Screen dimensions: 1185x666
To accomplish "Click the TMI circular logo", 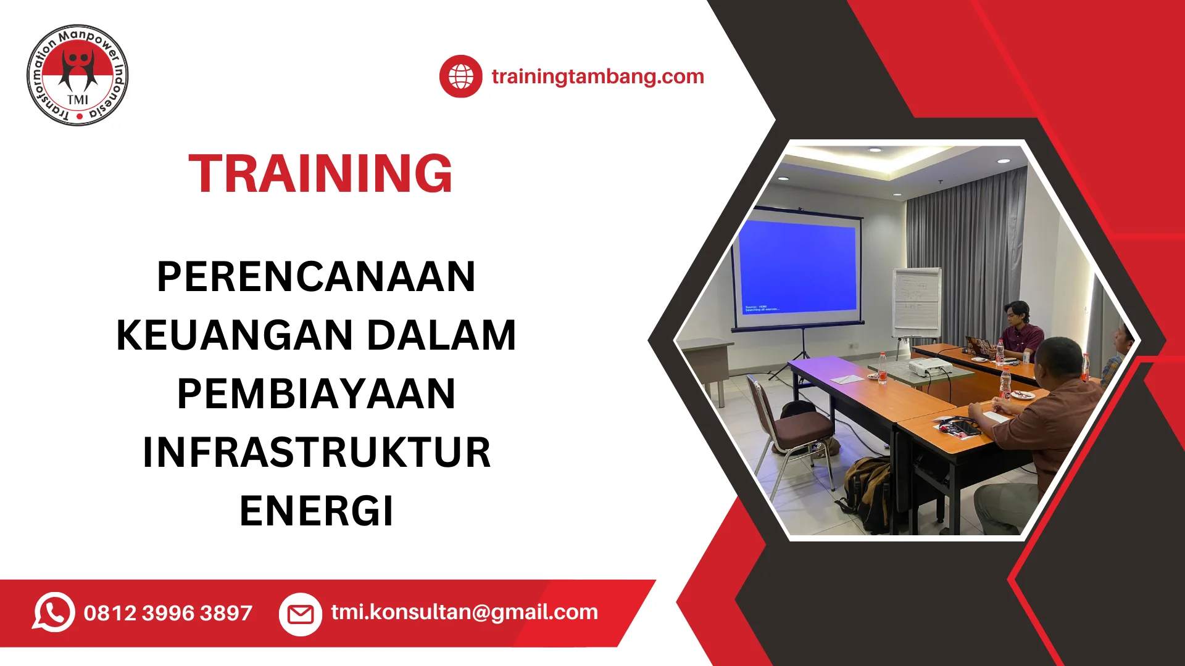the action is tap(78, 75).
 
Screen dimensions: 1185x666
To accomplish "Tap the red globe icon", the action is tap(460, 76).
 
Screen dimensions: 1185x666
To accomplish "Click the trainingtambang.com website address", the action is tap(597, 76).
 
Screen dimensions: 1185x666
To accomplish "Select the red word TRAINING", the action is tap(320, 173).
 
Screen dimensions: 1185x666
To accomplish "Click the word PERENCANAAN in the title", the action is tap(316, 276).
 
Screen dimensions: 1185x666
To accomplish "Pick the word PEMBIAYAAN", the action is tap(316, 394).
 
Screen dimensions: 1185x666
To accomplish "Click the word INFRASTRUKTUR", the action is tap(316, 453).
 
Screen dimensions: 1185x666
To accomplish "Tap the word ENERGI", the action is tap(316, 511).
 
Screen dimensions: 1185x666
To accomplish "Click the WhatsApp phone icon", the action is tap(54, 612).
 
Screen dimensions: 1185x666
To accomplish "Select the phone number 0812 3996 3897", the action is tap(168, 613).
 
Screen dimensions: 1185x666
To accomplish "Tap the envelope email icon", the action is tap(301, 614).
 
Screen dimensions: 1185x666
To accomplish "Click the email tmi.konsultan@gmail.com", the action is tap(464, 612).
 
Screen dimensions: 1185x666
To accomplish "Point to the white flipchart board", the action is tap(917, 302).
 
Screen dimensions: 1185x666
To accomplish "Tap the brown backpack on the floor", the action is tap(868, 493).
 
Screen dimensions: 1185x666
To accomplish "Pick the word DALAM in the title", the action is tap(441, 335).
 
